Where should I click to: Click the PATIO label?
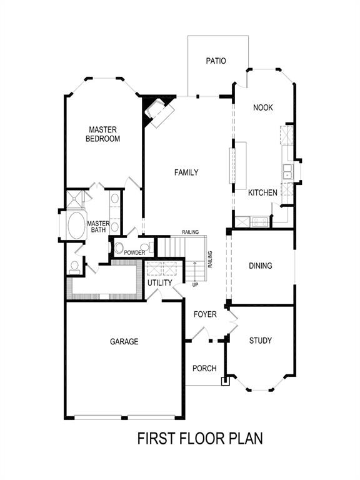click(216, 61)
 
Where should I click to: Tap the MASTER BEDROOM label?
click(102, 134)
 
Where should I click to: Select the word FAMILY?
click(186, 172)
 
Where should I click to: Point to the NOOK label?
click(263, 107)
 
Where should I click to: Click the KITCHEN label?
click(262, 193)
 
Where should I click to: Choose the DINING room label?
click(261, 266)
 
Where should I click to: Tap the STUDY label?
click(260, 341)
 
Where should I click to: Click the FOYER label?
click(205, 314)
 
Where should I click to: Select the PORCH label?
click(204, 367)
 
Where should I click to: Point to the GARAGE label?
click(124, 341)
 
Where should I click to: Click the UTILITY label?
click(159, 283)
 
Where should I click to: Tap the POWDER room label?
click(134, 252)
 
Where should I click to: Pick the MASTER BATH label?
click(98, 227)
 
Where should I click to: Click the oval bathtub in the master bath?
click(76, 226)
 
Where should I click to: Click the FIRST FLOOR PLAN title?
click(200, 438)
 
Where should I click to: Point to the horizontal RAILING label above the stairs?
click(191, 232)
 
